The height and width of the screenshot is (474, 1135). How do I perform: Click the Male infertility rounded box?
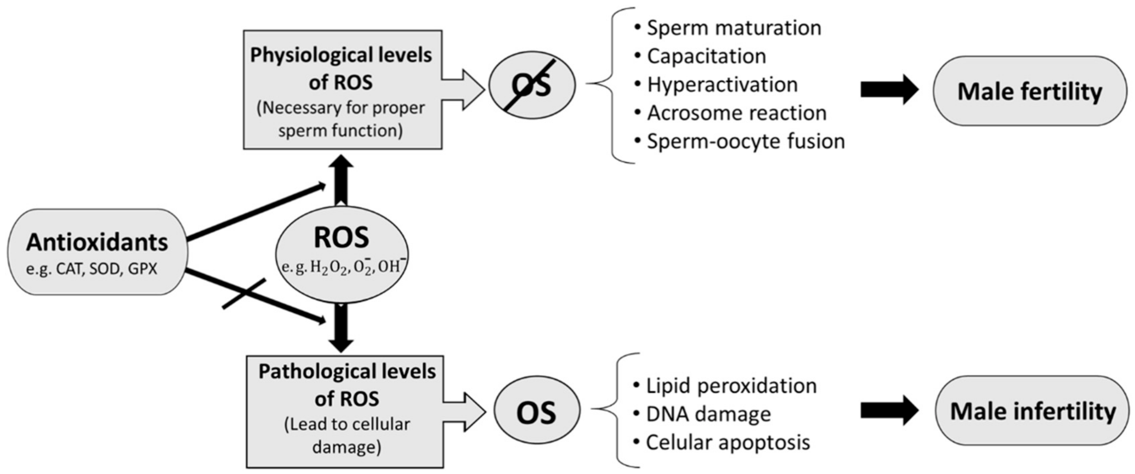tap(1032, 411)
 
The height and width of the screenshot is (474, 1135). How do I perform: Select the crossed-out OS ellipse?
tap(532, 85)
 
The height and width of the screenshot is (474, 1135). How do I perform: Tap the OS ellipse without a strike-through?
tap(537, 411)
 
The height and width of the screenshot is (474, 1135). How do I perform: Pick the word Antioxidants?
tap(97, 242)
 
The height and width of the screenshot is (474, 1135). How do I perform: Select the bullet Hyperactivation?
tap(722, 84)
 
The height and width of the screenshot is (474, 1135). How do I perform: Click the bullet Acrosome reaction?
tap(736, 113)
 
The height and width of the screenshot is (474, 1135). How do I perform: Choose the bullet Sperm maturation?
tap(733, 28)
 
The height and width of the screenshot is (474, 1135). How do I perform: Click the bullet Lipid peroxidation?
tap(731, 385)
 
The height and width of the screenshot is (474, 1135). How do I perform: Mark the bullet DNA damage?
tap(708, 414)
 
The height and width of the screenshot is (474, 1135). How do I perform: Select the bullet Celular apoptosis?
tap(727, 442)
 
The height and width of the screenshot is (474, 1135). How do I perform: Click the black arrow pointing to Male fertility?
tap(889, 90)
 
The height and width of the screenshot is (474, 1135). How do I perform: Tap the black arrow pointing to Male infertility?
tap(889, 410)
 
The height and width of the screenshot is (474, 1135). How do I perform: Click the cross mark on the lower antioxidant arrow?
tap(245, 293)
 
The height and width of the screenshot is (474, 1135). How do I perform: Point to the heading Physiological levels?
tap(341, 55)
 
